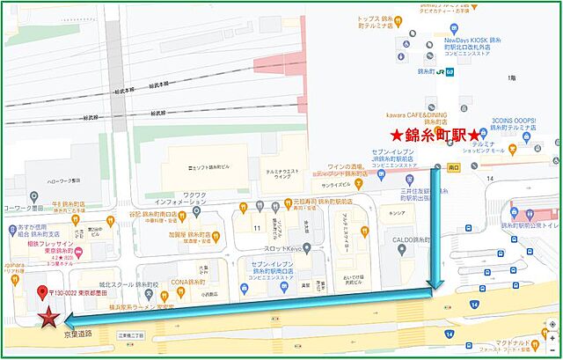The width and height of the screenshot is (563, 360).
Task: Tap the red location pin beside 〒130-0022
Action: [42, 293]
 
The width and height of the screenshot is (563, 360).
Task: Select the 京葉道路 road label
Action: [77, 335]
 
